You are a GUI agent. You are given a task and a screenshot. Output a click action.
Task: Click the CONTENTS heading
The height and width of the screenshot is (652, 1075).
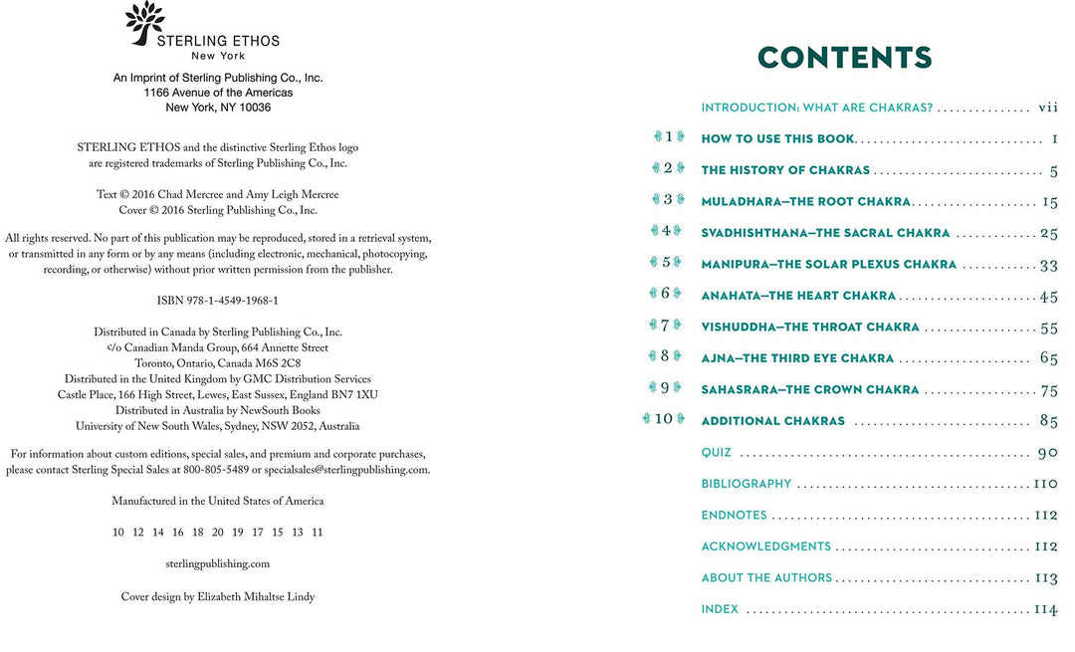pos(844,58)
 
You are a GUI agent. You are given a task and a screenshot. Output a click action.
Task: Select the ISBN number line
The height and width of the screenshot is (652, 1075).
pos(217,301)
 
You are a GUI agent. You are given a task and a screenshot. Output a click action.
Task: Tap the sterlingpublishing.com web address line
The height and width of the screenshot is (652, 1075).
pos(217,563)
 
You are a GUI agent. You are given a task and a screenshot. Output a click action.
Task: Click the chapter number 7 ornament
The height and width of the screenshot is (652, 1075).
pos(664,326)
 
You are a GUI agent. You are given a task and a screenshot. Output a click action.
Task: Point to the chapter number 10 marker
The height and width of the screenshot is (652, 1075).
pos(664,419)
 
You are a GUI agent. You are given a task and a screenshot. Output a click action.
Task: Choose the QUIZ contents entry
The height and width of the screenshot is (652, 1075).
pos(717,453)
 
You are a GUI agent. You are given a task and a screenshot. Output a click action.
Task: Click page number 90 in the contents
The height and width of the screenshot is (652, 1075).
pos(1047,453)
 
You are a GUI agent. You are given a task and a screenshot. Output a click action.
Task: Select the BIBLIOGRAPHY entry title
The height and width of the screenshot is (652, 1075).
pos(747,484)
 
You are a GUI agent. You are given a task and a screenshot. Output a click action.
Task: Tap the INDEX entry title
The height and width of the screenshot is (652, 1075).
pos(720,609)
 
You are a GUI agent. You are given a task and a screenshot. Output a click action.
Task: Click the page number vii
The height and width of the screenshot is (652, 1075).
pos(1047,108)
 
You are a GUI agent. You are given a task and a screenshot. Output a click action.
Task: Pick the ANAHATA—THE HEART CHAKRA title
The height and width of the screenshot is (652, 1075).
pos(798,296)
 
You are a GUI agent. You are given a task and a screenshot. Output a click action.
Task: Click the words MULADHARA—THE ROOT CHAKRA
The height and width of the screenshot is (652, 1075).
pos(805,202)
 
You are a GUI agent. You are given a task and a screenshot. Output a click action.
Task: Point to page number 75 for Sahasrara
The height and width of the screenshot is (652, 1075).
pos(1049,390)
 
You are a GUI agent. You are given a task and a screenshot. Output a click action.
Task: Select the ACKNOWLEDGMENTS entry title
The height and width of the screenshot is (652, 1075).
pos(765,546)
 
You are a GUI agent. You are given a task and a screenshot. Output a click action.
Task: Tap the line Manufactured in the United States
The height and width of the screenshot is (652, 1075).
pos(217,501)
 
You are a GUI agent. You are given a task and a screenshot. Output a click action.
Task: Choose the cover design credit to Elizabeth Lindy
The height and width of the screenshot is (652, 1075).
pos(217,596)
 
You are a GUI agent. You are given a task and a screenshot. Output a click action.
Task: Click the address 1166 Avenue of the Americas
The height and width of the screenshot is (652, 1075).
pos(218,93)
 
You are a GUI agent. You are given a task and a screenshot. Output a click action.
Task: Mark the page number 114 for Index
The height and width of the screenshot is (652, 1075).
pos(1045,609)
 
